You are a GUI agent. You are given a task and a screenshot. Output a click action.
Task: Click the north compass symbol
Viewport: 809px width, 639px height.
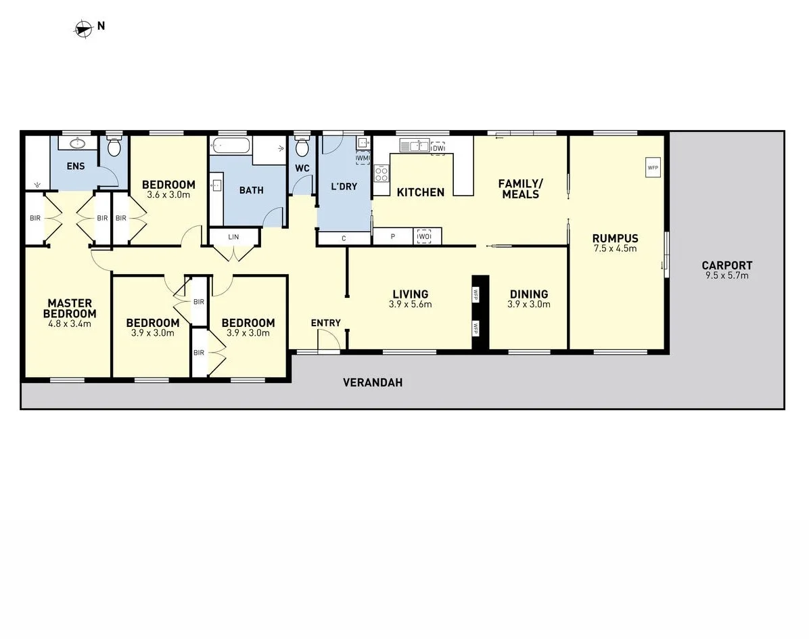point(83,28)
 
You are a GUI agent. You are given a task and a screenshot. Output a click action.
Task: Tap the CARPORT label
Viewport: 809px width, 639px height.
point(726,265)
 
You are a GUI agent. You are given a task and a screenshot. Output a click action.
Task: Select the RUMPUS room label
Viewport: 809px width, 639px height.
point(615,238)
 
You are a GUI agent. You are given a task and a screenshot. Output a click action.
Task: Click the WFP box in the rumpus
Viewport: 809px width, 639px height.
point(653,167)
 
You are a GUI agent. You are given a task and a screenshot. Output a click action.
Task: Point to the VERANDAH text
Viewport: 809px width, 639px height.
point(373,382)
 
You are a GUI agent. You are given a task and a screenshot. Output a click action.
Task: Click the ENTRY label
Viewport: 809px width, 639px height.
point(325,323)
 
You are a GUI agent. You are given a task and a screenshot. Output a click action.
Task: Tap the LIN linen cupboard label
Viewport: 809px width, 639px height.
point(233,237)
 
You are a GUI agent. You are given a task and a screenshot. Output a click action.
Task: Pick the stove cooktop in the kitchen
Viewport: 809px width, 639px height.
point(382,175)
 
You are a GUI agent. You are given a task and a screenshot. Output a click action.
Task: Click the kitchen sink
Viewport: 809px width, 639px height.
point(414,145)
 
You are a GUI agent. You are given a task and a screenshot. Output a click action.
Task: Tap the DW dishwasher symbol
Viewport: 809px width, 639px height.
point(438,148)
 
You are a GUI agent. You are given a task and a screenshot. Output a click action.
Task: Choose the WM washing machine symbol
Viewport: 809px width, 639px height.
point(363,158)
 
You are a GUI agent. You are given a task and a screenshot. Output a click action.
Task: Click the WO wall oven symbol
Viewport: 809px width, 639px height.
point(423,236)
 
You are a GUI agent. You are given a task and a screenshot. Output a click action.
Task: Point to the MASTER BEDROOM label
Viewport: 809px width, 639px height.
point(70,309)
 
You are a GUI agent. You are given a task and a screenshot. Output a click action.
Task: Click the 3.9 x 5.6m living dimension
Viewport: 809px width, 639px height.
point(411,305)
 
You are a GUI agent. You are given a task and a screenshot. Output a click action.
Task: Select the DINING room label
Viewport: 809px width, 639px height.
point(528,294)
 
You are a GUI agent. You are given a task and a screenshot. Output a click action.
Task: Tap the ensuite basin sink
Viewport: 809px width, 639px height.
point(77,144)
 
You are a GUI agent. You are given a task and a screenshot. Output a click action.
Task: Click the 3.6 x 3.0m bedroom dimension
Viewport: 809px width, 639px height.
point(168,195)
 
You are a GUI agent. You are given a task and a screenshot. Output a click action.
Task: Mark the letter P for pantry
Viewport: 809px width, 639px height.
point(394,237)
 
